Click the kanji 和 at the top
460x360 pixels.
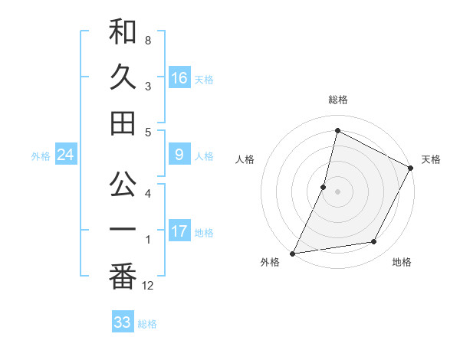[x=123, y=32]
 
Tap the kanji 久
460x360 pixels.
[x=123, y=77]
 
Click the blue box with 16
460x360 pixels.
[x=179, y=77]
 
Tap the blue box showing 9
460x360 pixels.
[x=179, y=155]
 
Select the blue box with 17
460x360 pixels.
[x=179, y=231]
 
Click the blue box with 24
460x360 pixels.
[x=65, y=155]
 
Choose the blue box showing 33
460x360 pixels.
[x=123, y=322]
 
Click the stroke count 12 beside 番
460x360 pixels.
[x=148, y=286]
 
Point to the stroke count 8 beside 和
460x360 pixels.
[x=147, y=40]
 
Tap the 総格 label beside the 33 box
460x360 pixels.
[x=148, y=324]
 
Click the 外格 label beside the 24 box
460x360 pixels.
[x=41, y=156]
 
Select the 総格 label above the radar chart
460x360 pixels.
[x=338, y=100]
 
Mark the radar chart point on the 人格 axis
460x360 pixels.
[x=324, y=187]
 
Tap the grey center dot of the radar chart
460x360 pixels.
[x=337, y=191]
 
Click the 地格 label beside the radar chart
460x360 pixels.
[x=402, y=262]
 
